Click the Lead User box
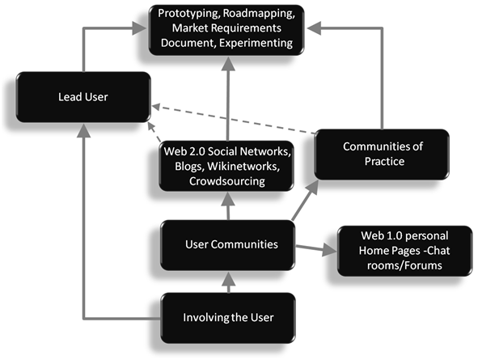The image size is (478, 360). [x=83, y=97]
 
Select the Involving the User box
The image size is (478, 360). [x=228, y=318]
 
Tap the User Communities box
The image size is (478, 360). [x=228, y=245]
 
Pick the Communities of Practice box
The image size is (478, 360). [x=382, y=155]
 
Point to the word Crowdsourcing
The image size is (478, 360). [x=227, y=181]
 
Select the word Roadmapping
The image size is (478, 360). [x=259, y=13]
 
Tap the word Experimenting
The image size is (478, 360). [x=256, y=43]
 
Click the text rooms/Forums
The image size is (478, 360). [x=404, y=265]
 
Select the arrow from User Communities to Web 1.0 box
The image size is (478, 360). [x=316, y=248]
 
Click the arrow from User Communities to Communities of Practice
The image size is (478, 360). [x=305, y=200]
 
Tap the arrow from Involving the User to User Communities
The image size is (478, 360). [x=228, y=282]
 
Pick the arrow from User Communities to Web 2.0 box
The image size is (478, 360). [x=228, y=205]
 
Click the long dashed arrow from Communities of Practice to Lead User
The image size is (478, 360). [x=234, y=120]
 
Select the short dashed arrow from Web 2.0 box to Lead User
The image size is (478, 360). [x=154, y=132]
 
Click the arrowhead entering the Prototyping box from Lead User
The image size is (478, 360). [x=139, y=28]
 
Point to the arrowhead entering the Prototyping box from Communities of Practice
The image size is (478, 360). [x=314, y=28]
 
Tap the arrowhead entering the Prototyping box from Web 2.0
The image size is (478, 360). [x=228, y=63]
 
